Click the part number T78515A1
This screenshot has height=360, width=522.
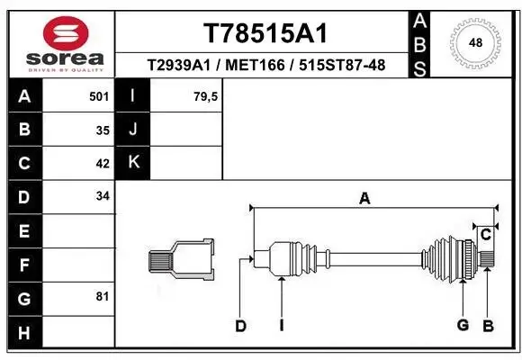tap(264, 33)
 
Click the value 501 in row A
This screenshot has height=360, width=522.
tap(97, 95)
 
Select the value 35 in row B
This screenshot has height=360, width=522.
tap(102, 130)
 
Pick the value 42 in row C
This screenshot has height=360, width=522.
tap(102, 164)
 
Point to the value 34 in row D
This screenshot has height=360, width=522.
tap(102, 195)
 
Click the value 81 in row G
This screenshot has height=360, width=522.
tap(102, 295)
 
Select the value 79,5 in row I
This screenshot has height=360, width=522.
tap(205, 95)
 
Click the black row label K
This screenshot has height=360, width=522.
tap(134, 162)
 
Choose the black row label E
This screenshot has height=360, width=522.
tap(24, 230)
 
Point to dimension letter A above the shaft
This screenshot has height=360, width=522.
tap(364, 199)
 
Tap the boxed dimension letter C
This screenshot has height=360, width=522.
tap(484, 235)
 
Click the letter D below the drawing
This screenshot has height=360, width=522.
tap(240, 326)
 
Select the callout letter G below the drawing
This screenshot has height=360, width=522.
tap(462, 325)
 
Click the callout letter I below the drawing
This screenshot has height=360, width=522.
tap(281, 326)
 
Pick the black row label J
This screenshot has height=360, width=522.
tap(134, 129)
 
